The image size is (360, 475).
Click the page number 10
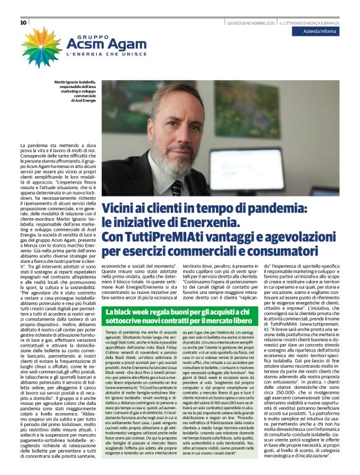(x=23, y=23)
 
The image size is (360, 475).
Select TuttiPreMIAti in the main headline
(x=161, y=238)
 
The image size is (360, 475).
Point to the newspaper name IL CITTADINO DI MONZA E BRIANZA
(x=308, y=23)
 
